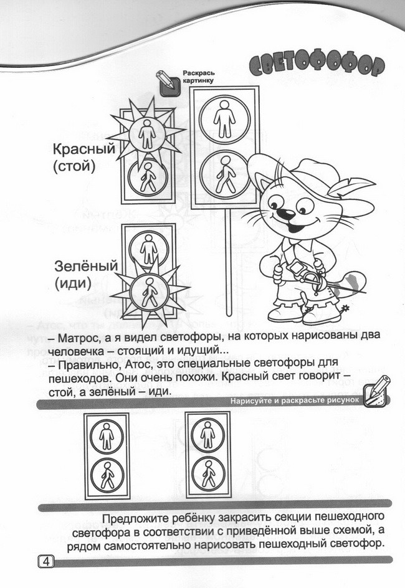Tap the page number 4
46,561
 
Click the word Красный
84,149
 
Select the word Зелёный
86,266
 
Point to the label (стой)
74,166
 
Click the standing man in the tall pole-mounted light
225,118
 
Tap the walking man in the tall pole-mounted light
225,175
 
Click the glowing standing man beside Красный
147,133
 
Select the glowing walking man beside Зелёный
150,292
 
